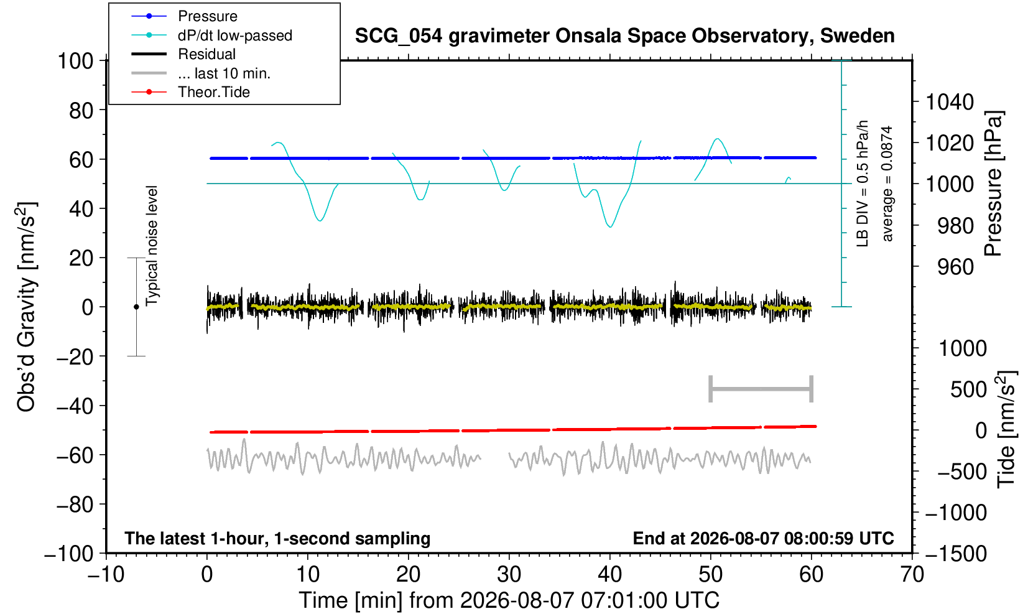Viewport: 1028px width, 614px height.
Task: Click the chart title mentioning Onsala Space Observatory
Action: click(x=624, y=36)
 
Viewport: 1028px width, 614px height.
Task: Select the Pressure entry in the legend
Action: click(x=208, y=17)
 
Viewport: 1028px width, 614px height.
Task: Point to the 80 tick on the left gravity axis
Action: click(x=81, y=110)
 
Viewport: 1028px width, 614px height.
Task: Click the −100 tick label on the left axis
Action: click(x=69, y=554)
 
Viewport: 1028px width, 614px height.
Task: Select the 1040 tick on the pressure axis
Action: click(x=950, y=101)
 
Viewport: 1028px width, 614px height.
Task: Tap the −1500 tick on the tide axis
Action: click(x=956, y=554)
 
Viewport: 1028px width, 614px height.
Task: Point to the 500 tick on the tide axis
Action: click(x=968, y=389)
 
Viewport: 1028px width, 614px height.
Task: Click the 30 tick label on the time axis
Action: click(x=509, y=575)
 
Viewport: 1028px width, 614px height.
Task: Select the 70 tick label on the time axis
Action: click(x=912, y=575)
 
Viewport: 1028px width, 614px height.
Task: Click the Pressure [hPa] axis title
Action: click(x=993, y=184)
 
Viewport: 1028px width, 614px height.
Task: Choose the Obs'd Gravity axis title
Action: click(x=27, y=307)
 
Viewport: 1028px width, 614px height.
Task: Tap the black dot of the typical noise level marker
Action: click(x=136, y=307)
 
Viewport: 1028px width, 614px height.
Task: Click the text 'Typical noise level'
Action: click(x=152, y=246)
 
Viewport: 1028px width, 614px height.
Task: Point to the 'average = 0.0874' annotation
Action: click(x=887, y=184)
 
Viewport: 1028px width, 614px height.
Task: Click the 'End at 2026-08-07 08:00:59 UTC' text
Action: click(x=763, y=538)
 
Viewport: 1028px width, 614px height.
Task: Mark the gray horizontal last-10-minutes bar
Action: click(x=761, y=389)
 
